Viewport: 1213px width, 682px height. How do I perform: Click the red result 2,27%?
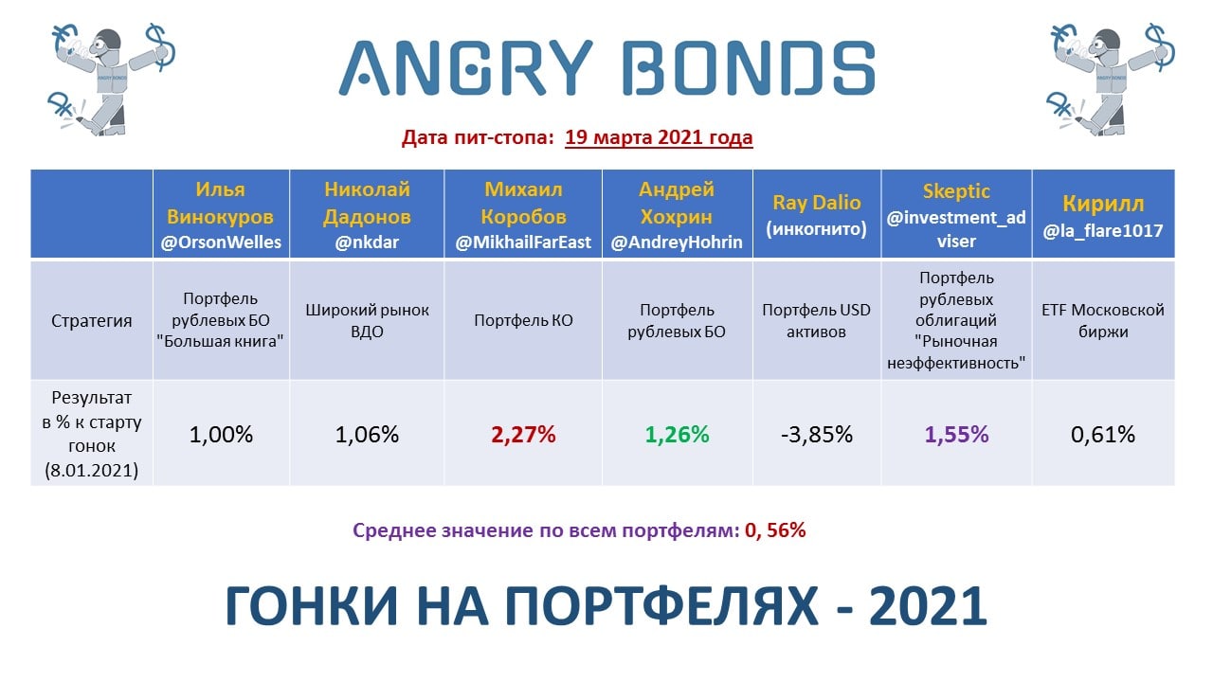click(x=523, y=434)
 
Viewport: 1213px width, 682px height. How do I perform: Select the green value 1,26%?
click(x=677, y=434)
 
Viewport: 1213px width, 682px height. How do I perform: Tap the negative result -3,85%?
click(x=817, y=434)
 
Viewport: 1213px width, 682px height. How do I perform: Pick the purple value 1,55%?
click(x=956, y=434)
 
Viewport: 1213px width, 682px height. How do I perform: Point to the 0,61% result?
click(x=1103, y=434)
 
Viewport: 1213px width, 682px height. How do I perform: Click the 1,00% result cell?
click(x=221, y=434)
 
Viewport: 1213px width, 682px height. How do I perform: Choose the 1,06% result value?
click(x=367, y=434)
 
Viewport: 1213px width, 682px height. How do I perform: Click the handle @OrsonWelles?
click(x=221, y=242)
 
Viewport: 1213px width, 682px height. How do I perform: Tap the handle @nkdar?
click(x=367, y=242)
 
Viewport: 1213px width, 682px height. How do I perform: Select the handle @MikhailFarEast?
click(x=523, y=242)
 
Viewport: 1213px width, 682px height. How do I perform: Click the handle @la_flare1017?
click(x=1103, y=230)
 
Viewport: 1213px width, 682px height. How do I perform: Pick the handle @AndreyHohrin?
click(x=677, y=242)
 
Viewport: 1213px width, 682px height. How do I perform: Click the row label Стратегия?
click(x=92, y=320)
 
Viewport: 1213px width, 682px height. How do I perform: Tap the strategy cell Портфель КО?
click(x=523, y=320)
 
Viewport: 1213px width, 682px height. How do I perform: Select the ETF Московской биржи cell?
click(x=1103, y=320)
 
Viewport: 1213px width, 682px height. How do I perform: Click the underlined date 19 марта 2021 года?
click(x=659, y=137)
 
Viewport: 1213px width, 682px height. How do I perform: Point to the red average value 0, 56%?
click(x=775, y=530)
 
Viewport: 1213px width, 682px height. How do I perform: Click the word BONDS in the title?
click(x=749, y=68)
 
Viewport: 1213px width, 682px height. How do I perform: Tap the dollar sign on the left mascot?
click(x=160, y=47)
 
